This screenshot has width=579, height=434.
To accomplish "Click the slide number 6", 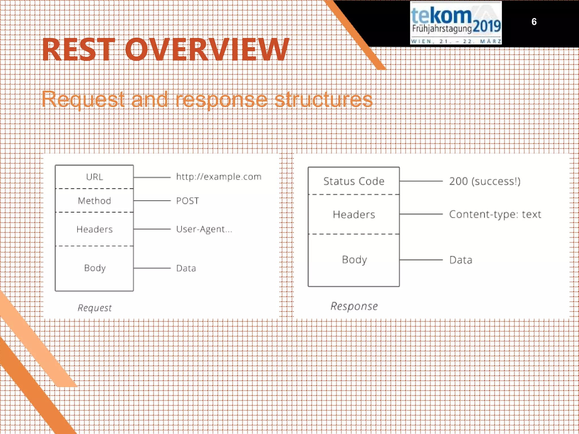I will (x=534, y=22).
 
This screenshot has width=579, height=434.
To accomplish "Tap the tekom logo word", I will (x=441, y=16).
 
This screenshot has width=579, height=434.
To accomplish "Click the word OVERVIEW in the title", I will (x=207, y=50).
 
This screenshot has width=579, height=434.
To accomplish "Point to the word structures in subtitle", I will (x=323, y=99).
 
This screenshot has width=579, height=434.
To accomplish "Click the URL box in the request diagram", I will (x=94, y=177).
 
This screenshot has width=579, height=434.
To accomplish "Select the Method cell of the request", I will (x=94, y=201).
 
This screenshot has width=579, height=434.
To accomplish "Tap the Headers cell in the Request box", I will (x=94, y=229).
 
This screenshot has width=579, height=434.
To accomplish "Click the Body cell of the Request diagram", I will (x=95, y=268).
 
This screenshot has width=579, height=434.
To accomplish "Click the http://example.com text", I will (x=219, y=177).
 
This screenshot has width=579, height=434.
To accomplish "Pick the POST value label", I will (x=187, y=201).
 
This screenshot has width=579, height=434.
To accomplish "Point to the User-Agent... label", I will (x=204, y=229).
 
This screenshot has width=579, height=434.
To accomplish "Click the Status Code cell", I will (x=354, y=181).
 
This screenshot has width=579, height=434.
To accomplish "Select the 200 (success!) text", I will (x=485, y=181).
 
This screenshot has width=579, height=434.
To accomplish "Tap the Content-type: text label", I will (x=495, y=214).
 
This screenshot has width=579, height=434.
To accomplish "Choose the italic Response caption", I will (x=354, y=306).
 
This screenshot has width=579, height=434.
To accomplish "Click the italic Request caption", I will (x=95, y=308).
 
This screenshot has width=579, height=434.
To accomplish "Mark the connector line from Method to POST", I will (x=152, y=201).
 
